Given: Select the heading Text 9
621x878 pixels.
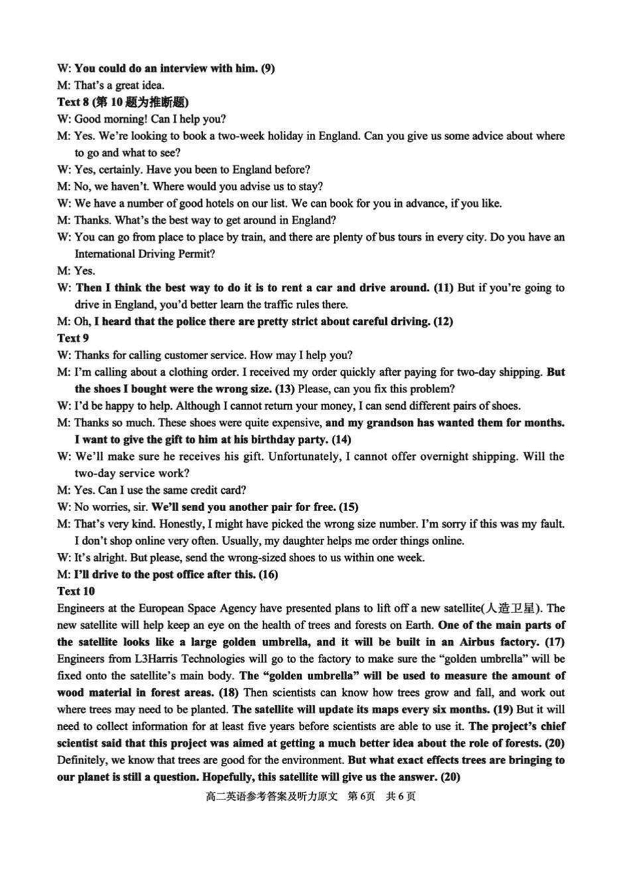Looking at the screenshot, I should [x=69, y=338].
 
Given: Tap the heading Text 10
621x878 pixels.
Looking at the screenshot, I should [x=72, y=591].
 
